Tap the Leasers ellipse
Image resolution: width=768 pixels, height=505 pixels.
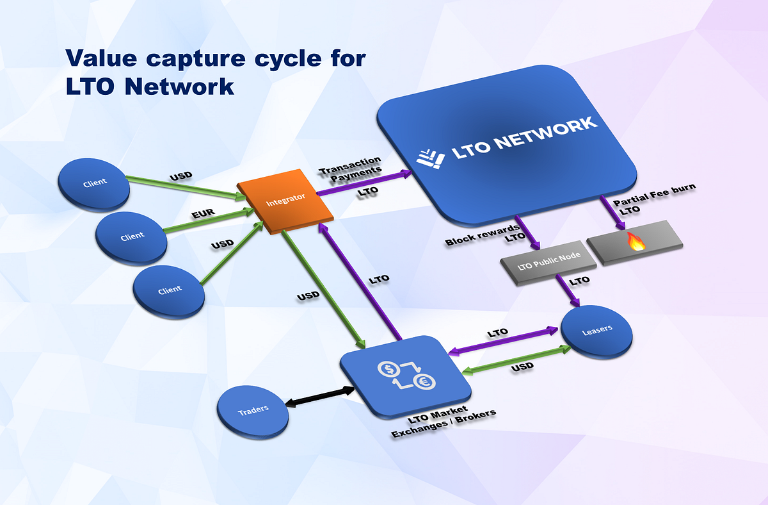596,329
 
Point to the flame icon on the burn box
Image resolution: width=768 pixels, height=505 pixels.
635,241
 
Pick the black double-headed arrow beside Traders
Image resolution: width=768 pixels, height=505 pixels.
320,396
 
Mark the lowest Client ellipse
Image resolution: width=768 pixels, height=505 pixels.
169,290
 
